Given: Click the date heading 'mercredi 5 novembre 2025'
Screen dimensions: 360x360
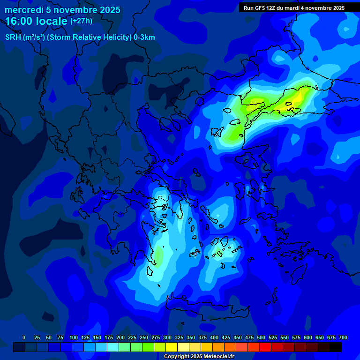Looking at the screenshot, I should pyautogui.click(x=62, y=10).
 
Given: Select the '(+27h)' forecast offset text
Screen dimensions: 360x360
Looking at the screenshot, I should pyautogui.click(x=81, y=21).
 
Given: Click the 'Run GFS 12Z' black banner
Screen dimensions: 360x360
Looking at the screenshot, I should pyautogui.click(x=294, y=8).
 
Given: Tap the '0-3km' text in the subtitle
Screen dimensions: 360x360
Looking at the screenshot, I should pyautogui.click(x=144, y=37).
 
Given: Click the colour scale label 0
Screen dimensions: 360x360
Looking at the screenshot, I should pyautogui.click(x=24, y=337).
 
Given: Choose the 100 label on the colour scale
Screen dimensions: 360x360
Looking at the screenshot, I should pyautogui.click(x=74, y=337).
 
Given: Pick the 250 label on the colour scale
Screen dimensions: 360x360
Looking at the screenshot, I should pyautogui.click(x=144, y=337).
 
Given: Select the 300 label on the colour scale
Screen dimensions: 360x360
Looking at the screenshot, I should pyautogui.click(x=167, y=337).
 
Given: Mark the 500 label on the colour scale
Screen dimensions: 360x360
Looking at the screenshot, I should pyautogui.click(x=261, y=337).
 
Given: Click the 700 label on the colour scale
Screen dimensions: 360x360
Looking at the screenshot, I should pyautogui.click(x=343, y=337).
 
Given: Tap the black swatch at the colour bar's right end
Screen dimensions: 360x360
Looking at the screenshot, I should pyautogui.click(x=336, y=347).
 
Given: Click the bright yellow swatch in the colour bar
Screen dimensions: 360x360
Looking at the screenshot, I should pyautogui.click(x=172, y=347).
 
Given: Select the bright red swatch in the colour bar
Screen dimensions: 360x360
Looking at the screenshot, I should pyautogui.click(x=265, y=347).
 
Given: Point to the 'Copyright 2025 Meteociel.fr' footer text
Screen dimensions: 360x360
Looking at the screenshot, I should pyautogui.click(x=199, y=357).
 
